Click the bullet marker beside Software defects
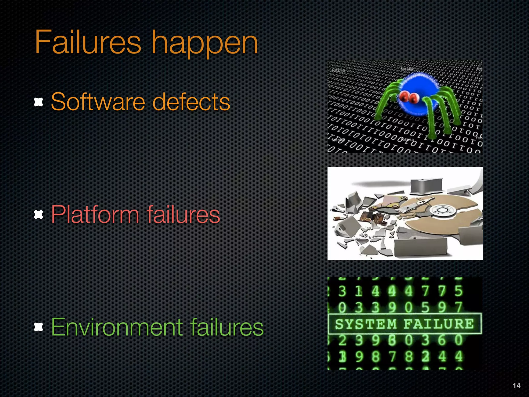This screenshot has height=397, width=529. point(38,102)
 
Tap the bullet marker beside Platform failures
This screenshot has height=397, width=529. point(38,215)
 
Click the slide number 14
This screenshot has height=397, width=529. point(516,385)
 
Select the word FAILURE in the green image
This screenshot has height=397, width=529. point(439,324)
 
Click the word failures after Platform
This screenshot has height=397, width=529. point(183,215)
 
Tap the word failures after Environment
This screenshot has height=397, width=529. point(227,327)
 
